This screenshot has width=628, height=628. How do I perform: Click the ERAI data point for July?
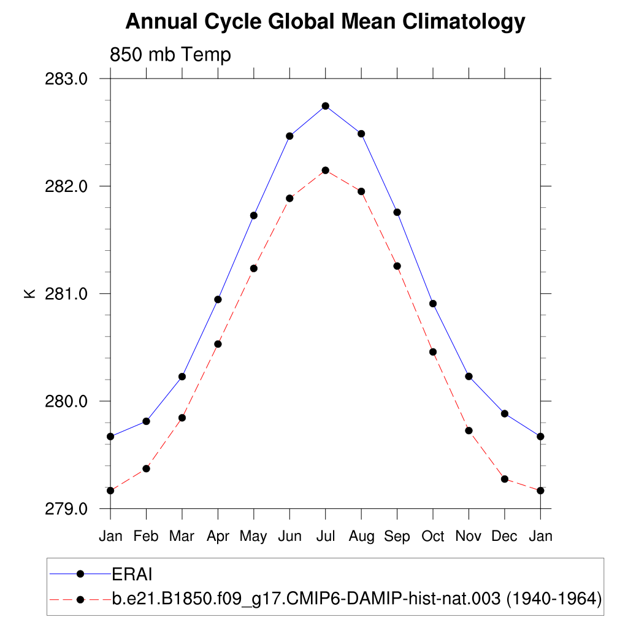pyautogui.click(x=326, y=106)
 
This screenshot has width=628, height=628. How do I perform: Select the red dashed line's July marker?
pyautogui.click(x=326, y=170)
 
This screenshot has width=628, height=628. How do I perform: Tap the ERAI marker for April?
pyautogui.click(x=218, y=299)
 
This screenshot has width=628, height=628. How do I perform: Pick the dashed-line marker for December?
pyautogui.click(x=505, y=479)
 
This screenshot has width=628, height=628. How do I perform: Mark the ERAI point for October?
pyautogui.click(x=433, y=304)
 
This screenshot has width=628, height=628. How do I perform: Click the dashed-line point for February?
pyautogui.click(x=146, y=469)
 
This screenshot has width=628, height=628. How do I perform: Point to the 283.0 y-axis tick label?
pyautogui.click(x=67, y=79)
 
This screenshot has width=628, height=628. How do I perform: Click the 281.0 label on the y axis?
pyautogui.click(x=67, y=294)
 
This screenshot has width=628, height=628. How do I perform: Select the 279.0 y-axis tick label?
pyautogui.click(x=67, y=509)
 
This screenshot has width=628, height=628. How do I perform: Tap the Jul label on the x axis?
pyautogui.click(x=326, y=536)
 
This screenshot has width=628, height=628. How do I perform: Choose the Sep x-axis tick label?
pyautogui.click(x=397, y=536)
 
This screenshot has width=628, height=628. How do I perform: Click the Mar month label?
pyautogui.click(x=182, y=536)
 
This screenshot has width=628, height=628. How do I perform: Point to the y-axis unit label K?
pyautogui.click(x=29, y=294)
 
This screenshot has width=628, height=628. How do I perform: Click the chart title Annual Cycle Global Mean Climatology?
pyautogui.click(x=325, y=22)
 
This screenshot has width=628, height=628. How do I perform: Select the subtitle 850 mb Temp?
pyautogui.click(x=170, y=55)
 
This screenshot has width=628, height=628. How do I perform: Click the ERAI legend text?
pyautogui.click(x=132, y=574)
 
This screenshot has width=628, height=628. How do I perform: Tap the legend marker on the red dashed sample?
pyautogui.click(x=80, y=599)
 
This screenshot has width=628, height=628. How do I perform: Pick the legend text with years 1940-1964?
pyautogui.click(x=356, y=599)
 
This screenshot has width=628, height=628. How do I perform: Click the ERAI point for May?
pyautogui.click(x=253, y=215)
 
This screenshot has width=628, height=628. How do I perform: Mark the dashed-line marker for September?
pyautogui.click(x=397, y=266)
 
